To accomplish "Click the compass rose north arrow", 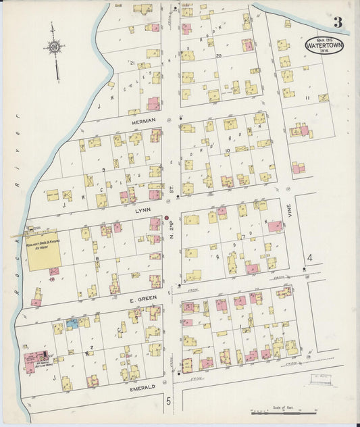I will point(54,47).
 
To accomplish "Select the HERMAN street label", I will point(144,120).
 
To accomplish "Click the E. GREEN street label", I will point(144,297).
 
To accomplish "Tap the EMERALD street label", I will point(143,386).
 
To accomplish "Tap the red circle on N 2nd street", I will point(166,218).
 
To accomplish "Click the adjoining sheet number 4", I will point(309,257).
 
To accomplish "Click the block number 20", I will point(218,57).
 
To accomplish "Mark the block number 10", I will point(228,151).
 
